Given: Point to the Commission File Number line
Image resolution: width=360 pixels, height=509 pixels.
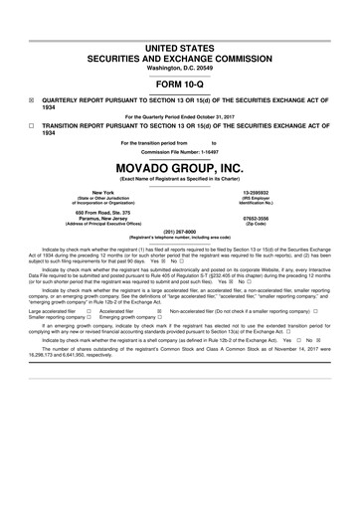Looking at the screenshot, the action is click(x=179, y=152).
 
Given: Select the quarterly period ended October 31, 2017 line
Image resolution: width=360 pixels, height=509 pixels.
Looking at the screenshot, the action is click(x=179, y=116).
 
